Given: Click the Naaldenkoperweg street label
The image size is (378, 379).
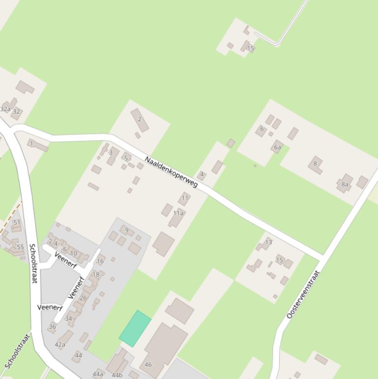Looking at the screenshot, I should point(171,172).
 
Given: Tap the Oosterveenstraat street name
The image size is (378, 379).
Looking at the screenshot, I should point(303,294).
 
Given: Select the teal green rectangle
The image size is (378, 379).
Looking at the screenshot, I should point(135,328).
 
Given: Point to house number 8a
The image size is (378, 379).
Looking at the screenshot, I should point(345,185).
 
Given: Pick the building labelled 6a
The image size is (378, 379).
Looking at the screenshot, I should point(278,147).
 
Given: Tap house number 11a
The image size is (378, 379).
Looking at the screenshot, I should point(178,214).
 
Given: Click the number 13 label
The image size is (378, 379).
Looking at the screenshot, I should point(268,242).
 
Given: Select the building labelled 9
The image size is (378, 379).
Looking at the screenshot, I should point(127,230).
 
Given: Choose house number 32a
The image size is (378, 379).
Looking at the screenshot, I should point(5,109).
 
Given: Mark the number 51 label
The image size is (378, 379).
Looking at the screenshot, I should point(17,222).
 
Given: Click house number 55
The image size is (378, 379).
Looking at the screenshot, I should point(20,247).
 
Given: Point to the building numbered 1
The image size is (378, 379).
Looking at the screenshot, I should point(32,144).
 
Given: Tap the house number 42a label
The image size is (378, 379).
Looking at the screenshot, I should point(60,345).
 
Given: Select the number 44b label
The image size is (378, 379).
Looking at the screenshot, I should point(117,375).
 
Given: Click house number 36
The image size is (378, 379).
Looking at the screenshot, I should point(53,326).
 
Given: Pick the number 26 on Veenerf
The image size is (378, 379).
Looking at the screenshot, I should point(83,298).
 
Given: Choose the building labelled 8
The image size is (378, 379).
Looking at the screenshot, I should point(315,164).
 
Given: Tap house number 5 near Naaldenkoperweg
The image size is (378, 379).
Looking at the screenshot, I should point(126,158).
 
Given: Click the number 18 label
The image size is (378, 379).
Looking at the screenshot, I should point(96,275).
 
